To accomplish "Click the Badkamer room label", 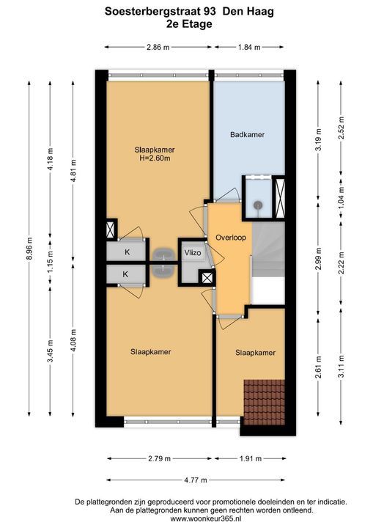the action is pyautogui.click(x=247, y=135).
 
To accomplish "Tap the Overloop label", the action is pyautogui.click(x=231, y=238).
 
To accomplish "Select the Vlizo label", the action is pyautogui.click(x=193, y=253).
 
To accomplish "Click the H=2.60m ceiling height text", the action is pyautogui.click(x=155, y=158).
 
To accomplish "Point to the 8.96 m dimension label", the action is pyautogui.click(x=30, y=249).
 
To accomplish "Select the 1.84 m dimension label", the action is pyautogui.click(x=249, y=47).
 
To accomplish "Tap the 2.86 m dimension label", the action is pyautogui.click(x=158, y=47).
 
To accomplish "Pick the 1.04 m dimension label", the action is pyautogui.click(x=341, y=197).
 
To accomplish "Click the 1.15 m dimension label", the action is pyautogui.click(x=51, y=263).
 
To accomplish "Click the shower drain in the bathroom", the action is pyautogui.click(x=258, y=205).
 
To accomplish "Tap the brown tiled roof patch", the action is pyautogui.click(x=265, y=403).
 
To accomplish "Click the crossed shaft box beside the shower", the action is pyautogui.click(x=280, y=198).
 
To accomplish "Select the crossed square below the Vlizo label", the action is pyautogui.click(x=207, y=277).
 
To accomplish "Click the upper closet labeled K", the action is pyautogui.click(x=127, y=252).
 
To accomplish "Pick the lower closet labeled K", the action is pyautogui.click(x=127, y=274).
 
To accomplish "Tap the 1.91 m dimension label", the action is pyautogui.click(x=250, y=458).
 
